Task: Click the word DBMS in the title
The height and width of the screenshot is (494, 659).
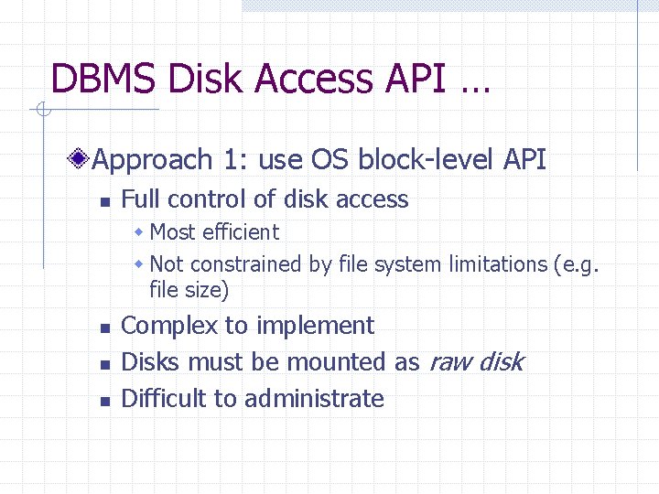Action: [101, 80]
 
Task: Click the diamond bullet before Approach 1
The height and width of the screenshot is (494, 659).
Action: [81, 161]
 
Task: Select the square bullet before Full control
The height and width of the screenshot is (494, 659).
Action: [104, 201]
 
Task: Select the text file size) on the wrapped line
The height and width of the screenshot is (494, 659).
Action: [189, 291]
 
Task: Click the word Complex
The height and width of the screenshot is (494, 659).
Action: [157, 327]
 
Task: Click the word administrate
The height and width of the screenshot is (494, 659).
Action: [314, 399]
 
